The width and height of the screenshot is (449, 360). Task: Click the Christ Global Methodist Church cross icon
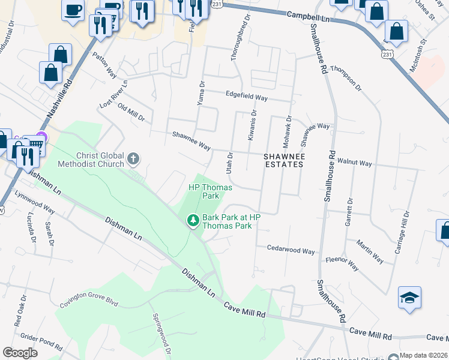pyautogui.click(x=133, y=159)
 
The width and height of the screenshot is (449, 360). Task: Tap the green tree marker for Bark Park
pyautogui.click(x=193, y=221)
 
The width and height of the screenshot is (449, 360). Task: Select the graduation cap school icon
pyautogui.click(x=409, y=298)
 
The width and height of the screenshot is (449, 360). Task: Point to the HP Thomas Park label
pyautogui.click(x=210, y=191)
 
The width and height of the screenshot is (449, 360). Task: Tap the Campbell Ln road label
pyautogui.click(x=309, y=17)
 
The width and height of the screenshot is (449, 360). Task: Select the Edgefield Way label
pyautogui.click(x=246, y=96)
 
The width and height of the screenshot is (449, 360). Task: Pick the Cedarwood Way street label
pyautogui.click(x=291, y=250)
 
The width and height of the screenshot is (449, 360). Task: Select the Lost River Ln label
pyautogui.click(x=114, y=95)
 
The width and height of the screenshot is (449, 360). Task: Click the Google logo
pyautogui.click(x=20, y=352)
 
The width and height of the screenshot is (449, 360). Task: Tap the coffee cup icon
pyautogui.click(x=73, y=10)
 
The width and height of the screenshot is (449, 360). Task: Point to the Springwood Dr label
pyautogui.click(x=161, y=334)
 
